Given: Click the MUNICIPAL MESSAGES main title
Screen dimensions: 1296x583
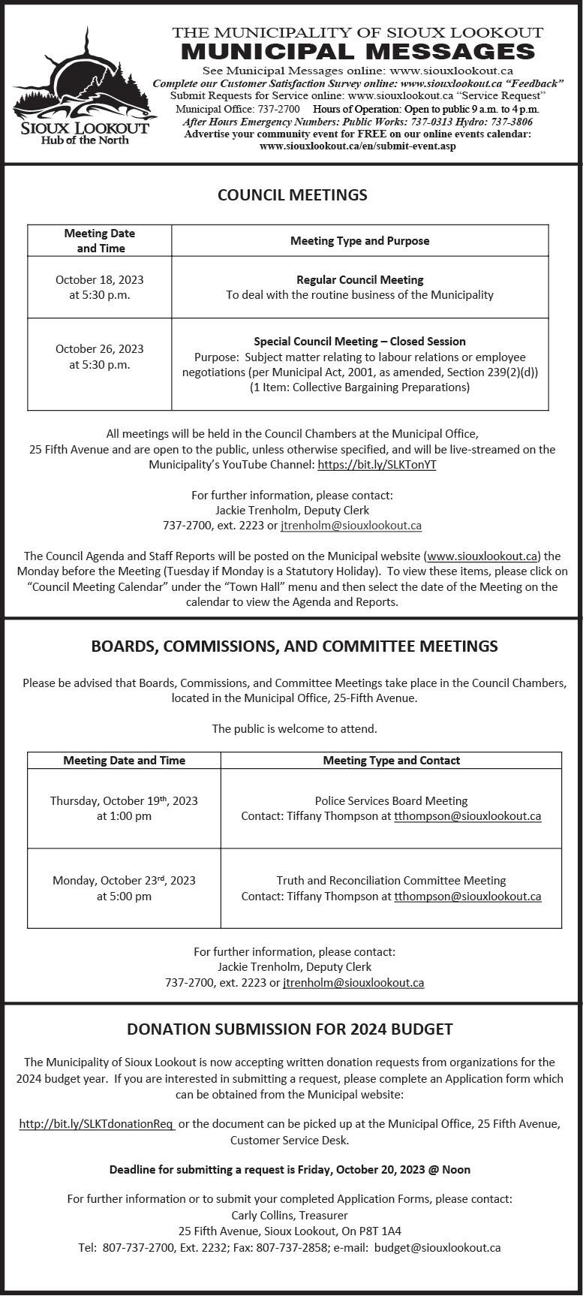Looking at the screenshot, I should (x=358, y=52).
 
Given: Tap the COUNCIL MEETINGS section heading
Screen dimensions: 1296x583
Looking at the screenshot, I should (x=292, y=195).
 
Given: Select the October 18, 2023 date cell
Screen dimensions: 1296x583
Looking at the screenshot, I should (x=100, y=287).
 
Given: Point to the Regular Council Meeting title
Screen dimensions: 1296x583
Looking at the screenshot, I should (x=359, y=279).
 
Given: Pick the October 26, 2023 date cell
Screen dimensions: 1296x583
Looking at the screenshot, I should (x=100, y=357).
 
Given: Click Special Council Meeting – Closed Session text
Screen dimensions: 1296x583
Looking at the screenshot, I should (x=359, y=341).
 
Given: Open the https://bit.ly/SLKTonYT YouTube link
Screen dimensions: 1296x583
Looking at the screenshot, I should (x=377, y=465).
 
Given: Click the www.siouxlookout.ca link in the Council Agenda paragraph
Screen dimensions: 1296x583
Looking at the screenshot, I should (x=482, y=556).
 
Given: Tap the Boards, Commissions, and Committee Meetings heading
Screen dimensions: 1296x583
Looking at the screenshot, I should (x=294, y=646).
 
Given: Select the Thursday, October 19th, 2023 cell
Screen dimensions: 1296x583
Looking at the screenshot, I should (x=124, y=808).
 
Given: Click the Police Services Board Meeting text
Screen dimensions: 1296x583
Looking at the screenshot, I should (x=391, y=801).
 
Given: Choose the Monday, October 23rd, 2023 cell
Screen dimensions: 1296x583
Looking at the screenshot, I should (x=124, y=888).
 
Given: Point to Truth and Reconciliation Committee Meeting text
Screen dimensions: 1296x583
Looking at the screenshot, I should (x=391, y=881).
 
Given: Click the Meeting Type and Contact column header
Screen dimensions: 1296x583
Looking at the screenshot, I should (x=391, y=761).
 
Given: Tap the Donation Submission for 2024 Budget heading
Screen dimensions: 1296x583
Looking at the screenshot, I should (x=290, y=1029).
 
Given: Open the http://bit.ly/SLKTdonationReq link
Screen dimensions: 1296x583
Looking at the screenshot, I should (x=97, y=1124).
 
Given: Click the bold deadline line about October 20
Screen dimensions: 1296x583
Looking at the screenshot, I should (x=290, y=1170).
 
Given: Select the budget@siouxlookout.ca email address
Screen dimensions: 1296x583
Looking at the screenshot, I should (x=437, y=1248).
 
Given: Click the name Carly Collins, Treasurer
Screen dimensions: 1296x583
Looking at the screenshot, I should (x=290, y=1215).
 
